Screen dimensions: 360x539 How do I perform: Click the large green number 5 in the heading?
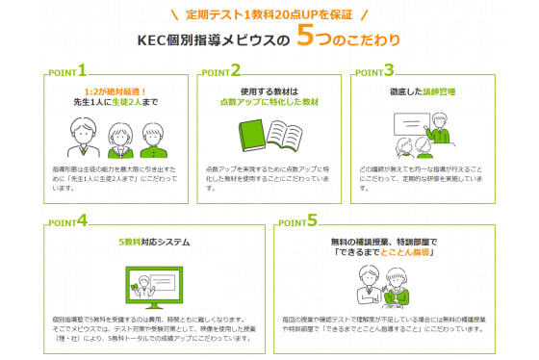coord(306,38)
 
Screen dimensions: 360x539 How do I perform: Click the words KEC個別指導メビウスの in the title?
coord(211,40)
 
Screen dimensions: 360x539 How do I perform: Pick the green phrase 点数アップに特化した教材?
coord(269,101)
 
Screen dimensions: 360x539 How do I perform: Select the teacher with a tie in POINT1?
coord(80,138)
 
